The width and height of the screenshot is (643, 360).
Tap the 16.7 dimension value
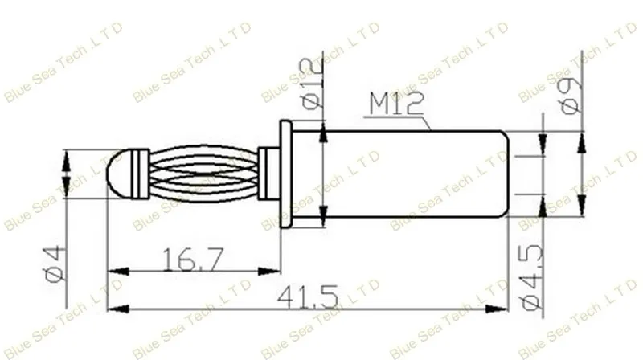tap(194, 259)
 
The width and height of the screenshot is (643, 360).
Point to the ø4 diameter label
tap(55, 264)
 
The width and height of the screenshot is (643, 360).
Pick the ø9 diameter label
tap(571, 96)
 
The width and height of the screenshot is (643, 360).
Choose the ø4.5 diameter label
tap(532, 276)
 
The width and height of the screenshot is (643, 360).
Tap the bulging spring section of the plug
tap(203, 174)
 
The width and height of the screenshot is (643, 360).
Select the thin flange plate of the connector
tap(286, 174)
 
